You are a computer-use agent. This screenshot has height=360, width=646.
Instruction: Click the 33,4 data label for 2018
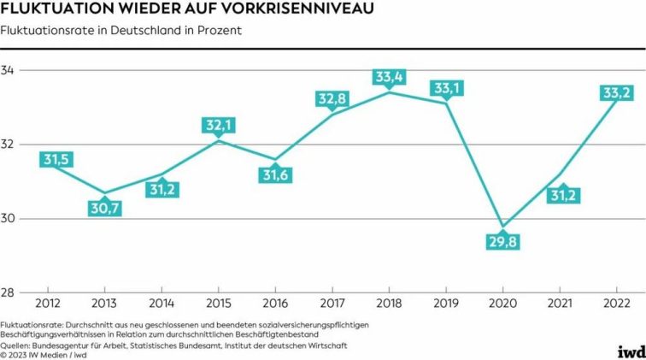point(390,77)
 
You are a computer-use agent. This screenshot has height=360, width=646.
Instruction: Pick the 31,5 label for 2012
point(56,159)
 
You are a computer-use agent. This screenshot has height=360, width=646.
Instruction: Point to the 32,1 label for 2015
point(218,126)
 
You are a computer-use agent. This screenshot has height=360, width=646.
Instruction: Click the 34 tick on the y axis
point(10,70)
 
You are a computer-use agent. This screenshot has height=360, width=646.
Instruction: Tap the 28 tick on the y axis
point(10,293)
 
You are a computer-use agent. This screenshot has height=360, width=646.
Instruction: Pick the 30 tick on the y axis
point(10,219)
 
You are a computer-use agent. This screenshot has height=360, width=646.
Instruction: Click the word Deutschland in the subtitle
point(126,32)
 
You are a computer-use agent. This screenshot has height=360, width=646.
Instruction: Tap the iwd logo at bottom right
point(631,351)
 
